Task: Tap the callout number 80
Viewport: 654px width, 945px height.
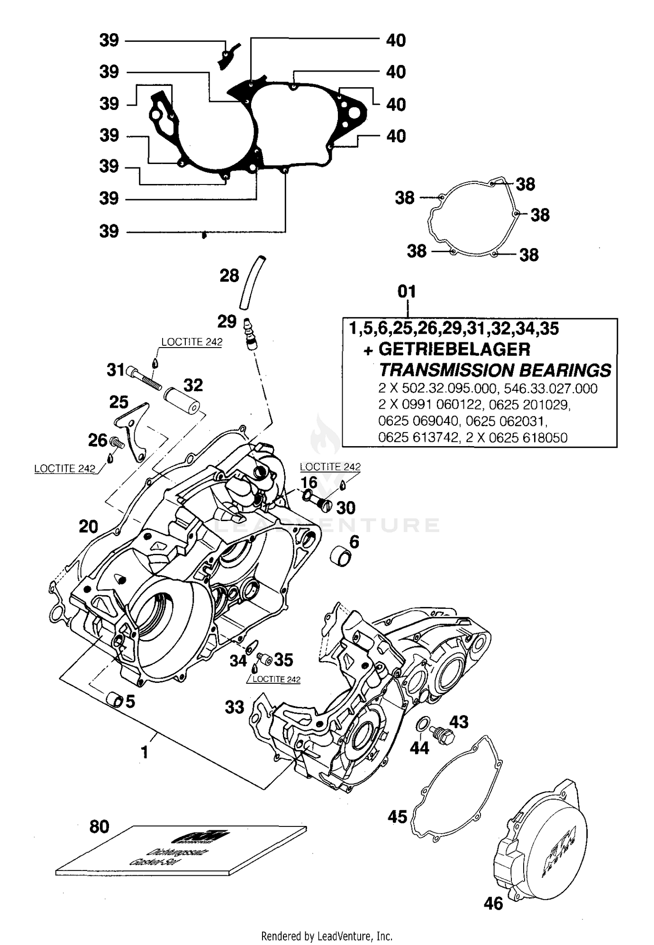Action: click(99, 826)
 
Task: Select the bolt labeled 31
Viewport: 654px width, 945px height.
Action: click(144, 378)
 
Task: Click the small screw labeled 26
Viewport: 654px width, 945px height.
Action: click(117, 443)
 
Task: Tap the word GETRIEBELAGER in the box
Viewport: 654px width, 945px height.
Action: click(454, 349)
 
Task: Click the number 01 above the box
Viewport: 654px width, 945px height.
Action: click(406, 291)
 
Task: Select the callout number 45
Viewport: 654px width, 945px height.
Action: click(397, 816)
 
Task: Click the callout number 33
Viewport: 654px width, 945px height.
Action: click(235, 707)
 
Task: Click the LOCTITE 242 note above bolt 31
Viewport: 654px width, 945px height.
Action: click(191, 342)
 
